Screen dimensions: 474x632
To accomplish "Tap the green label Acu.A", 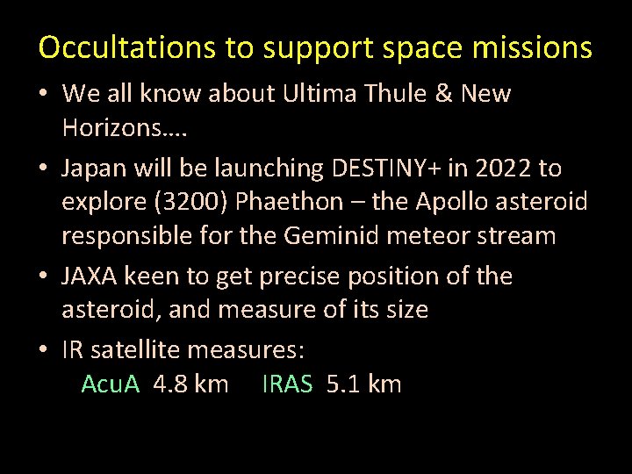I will [111, 384].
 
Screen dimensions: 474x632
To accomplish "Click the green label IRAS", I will [287, 384].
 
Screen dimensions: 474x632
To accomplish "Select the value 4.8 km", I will [190, 384].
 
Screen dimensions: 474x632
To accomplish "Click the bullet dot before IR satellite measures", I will [44, 351].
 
